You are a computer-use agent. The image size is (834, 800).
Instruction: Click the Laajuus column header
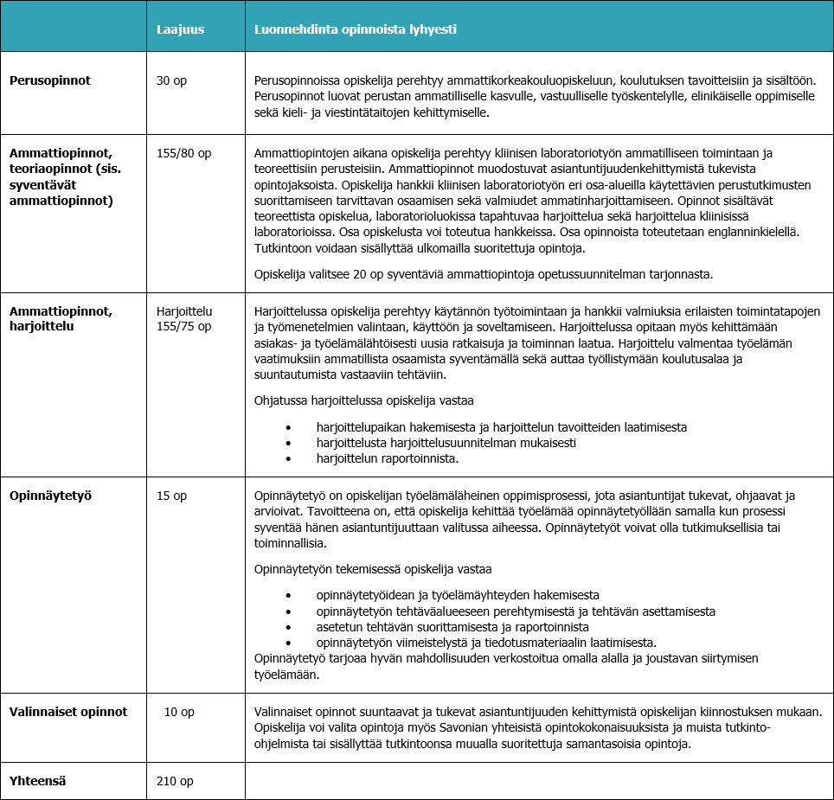pos(180,29)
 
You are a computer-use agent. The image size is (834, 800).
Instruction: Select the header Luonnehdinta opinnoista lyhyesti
pos(355,29)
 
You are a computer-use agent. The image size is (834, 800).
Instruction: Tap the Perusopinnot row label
pos(50,80)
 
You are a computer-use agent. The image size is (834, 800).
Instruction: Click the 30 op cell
pos(171,80)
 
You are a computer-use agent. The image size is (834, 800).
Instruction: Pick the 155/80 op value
pos(183,153)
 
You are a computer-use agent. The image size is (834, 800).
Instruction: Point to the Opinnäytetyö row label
pos(50,496)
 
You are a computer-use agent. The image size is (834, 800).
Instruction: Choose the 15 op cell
pos(171,496)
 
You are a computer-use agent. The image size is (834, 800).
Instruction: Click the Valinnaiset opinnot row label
pos(68,712)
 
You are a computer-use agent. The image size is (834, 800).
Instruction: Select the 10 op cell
pos(179,712)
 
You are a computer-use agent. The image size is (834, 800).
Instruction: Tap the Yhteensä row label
pos(38,781)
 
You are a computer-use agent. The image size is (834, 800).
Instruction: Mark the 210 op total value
pos(175,781)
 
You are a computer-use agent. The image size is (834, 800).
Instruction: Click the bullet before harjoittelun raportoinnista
pos(289,458)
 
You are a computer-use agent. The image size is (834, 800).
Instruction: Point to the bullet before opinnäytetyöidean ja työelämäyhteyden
pos(289,596)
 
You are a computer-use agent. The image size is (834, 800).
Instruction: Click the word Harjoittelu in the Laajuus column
pos(184,311)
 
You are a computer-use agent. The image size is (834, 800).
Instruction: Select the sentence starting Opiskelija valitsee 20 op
pos(483,274)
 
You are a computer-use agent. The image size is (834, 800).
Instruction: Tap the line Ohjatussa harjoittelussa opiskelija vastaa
pos(363,400)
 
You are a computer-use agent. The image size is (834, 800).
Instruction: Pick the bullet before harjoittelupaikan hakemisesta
pos(289,428)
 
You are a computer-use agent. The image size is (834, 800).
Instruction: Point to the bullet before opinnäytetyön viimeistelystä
pos(289,643)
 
